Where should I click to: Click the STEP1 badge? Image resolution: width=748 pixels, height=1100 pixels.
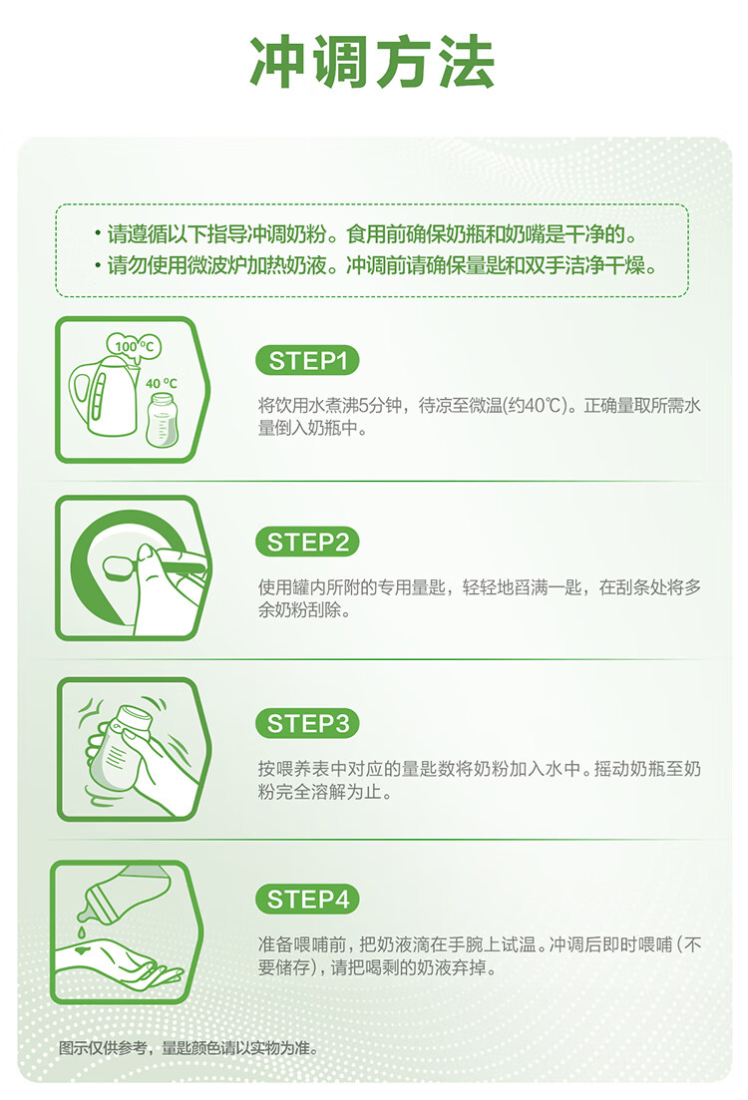click(307, 361)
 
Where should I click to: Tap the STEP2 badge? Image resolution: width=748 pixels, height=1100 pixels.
click(307, 543)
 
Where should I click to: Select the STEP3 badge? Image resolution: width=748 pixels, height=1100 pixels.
click(307, 723)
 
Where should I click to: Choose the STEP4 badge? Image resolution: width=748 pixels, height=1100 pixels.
click(307, 899)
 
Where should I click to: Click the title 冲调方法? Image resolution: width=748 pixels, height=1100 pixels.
click(373, 62)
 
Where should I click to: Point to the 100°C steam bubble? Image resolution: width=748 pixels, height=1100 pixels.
click(134, 345)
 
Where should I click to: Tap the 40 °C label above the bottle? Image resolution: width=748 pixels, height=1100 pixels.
click(162, 384)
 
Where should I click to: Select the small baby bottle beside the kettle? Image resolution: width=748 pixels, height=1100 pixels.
click(163, 420)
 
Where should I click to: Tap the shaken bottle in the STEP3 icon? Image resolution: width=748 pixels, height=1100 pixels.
click(121, 752)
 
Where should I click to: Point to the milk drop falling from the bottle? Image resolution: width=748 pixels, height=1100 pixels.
click(82, 932)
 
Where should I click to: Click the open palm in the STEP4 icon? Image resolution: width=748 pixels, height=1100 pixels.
click(120, 962)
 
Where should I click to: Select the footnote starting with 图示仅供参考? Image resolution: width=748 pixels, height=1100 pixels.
click(188, 1048)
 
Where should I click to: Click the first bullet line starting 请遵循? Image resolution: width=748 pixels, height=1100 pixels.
click(366, 234)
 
